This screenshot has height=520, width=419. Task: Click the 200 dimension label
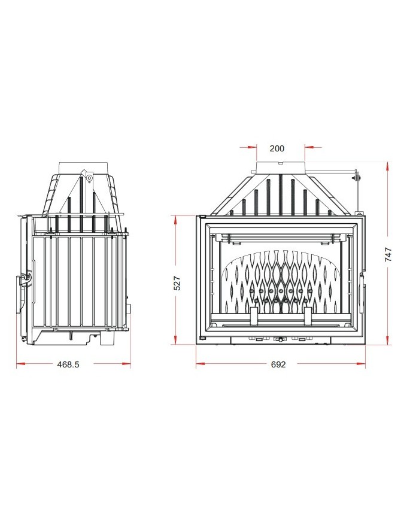(277, 148)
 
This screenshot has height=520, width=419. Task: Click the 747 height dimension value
(388, 254)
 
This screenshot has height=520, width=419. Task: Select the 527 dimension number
(178, 283)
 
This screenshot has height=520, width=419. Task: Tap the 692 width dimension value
(278, 364)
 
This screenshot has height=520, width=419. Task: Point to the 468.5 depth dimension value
(68, 364)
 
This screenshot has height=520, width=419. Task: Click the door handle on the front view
(363, 293)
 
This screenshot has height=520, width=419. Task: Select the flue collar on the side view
(83, 167)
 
